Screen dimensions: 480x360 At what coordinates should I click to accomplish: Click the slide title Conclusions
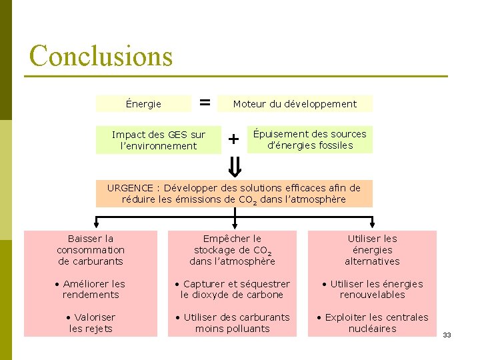point(101,55)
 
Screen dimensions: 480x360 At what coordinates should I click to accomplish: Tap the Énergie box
point(143,103)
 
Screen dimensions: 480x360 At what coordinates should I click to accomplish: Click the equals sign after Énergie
point(205,103)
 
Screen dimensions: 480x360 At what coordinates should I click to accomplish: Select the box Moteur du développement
point(294,103)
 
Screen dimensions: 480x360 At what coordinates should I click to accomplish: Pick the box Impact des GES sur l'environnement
point(159,140)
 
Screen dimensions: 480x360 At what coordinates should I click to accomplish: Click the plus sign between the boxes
point(233,139)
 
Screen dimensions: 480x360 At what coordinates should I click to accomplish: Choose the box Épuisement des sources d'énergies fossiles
point(309,139)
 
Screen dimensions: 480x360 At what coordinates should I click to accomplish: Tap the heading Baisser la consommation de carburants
point(91,249)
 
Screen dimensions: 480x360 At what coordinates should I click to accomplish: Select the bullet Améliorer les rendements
point(91,289)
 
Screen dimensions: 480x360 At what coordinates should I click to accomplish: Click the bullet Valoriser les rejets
point(91,323)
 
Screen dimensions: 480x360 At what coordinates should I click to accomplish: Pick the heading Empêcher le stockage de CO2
point(232,249)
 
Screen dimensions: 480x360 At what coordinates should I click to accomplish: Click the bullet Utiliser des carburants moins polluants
point(232,323)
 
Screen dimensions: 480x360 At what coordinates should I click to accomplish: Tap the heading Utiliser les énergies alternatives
point(372,249)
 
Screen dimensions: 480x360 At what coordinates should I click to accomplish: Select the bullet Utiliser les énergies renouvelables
point(372,289)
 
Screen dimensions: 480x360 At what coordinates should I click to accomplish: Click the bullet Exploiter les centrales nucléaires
point(372,323)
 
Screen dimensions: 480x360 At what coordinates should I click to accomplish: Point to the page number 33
point(447,335)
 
